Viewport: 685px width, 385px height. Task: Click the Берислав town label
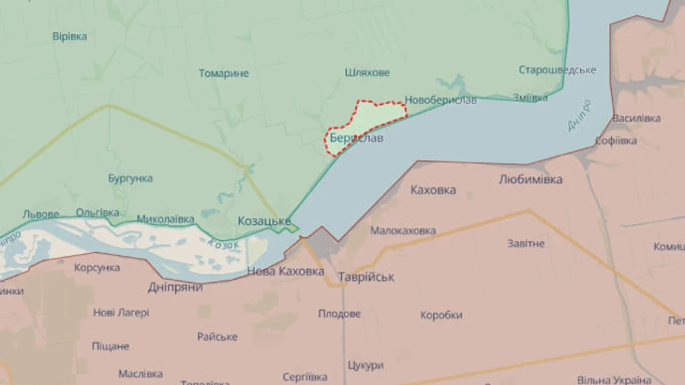[x=356, y=139]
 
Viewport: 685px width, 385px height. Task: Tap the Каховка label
[x=433, y=190]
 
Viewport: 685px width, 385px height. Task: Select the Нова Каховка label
[x=285, y=271]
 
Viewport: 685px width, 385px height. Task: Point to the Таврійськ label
[x=366, y=277]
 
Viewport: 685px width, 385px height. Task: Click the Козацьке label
[x=264, y=220]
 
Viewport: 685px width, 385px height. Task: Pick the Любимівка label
[x=530, y=180]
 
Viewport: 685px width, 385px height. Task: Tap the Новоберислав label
[x=441, y=100]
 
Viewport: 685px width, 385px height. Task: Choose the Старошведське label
[x=557, y=70]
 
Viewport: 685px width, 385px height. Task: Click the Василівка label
[x=636, y=119]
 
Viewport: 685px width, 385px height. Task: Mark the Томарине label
[x=224, y=74]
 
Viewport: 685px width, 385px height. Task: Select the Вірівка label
[x=69, y=37]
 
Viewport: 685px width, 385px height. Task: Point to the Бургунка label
[x=130, y=178]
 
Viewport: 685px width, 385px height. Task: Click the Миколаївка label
[x=165, y=219]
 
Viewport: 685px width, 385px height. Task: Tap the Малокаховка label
[x=403, y=230]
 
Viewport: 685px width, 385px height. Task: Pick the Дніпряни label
[x=174, y=287]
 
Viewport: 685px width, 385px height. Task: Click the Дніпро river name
[x=579, y=115]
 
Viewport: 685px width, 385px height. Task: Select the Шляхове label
[x=367, y=72]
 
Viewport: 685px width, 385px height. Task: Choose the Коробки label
[x=441, y=315]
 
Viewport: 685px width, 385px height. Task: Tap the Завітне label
[x=526, y=243]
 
